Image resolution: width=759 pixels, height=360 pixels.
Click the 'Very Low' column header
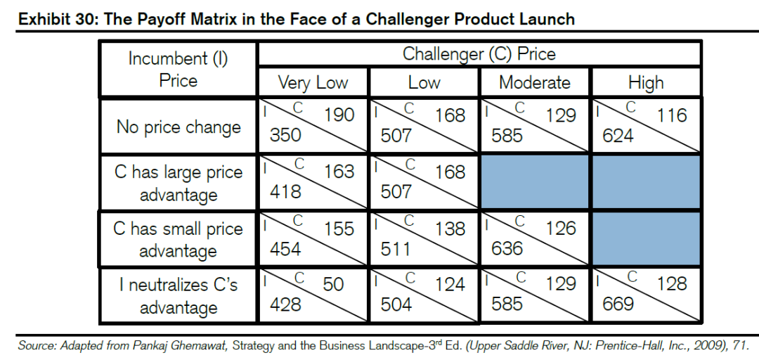(x=313, y=82)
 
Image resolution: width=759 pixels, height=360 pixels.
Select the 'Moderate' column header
(x=535, y=82)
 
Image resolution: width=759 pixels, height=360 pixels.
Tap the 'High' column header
(x=646, y=82)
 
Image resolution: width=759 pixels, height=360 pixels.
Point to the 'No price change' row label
(x=179, y=127)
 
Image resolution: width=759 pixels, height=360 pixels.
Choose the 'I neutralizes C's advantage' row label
(x=179, y=296)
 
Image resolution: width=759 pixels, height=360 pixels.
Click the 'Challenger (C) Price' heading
(x=479, y=54)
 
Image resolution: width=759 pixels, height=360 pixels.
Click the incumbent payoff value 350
(x=285, y=135)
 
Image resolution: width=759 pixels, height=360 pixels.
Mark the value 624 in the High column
(x=618, y=135)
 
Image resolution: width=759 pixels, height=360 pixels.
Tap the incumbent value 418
(x=285, y=191)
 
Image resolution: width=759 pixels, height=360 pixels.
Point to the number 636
(x=507, y=248)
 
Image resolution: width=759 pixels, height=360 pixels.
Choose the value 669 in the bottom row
(x=618, y=304)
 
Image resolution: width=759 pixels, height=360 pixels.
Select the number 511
(x=396, y=248)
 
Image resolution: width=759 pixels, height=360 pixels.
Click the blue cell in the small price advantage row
(x=647, y=238)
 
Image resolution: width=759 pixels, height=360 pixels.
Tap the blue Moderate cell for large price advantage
(x=536, y=182)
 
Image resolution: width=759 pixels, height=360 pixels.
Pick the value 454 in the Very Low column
(x=285, y=248)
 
